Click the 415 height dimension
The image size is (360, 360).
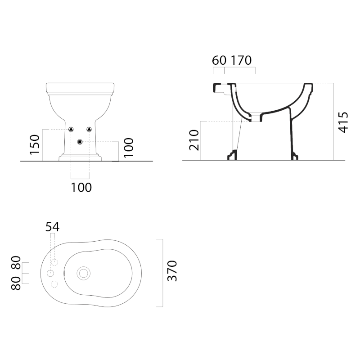point(343,122)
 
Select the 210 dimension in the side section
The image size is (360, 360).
point(194,140)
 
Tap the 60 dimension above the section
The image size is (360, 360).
point(219,60)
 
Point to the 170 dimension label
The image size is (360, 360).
point(241,60)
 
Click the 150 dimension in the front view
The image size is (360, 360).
point(35,144)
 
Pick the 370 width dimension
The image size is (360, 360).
point(172,271)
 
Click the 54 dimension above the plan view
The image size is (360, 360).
point(52,227)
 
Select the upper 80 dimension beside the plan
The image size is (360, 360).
point(16,263)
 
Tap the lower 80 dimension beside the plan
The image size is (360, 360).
point(16,283)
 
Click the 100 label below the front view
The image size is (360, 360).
point(81,188)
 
